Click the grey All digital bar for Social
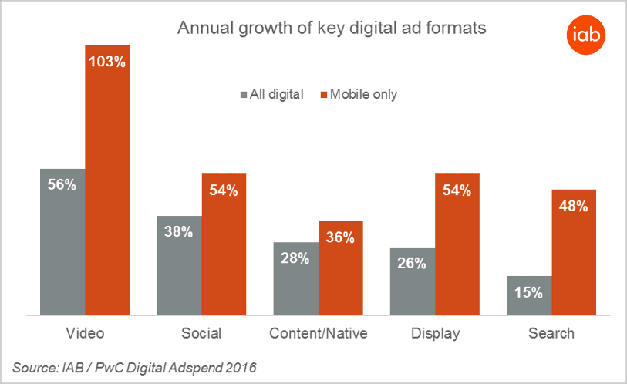pos(179,265)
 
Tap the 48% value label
pos(574,206)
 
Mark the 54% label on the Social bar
pos(224,190)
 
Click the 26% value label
pos(412,264)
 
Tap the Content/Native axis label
pos(318,334)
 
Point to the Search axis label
pos(551,334)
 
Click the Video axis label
pos(85,334)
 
